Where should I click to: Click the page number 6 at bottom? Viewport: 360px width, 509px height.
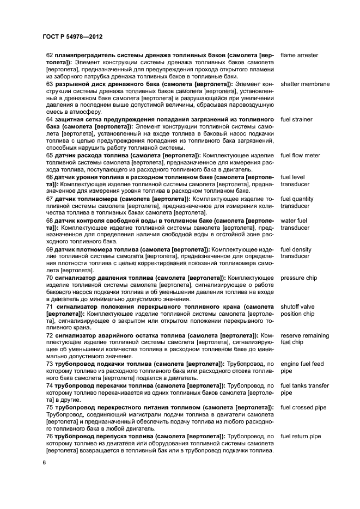tap(44, 462)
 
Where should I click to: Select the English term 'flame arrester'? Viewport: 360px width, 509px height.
tap(299, 56)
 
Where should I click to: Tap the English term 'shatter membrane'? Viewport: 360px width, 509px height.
tap(304, 84)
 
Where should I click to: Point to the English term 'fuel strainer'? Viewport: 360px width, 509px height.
tap(297, 119)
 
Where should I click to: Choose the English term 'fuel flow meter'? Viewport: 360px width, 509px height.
tap(300, 155)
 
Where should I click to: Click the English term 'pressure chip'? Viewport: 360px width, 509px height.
tap(298, 278)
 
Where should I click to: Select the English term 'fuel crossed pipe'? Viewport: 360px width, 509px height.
tap(303, 407)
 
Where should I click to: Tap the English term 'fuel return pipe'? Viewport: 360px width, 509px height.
tap(301, 436)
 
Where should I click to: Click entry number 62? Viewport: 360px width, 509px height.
tap(50, 56)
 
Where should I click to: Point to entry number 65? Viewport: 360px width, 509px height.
tap(50, 155)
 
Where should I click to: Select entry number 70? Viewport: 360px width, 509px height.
tap(50, 278)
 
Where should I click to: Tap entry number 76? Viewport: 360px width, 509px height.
tap(50, 436)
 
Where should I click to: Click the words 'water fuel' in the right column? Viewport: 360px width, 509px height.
tap(294, 220)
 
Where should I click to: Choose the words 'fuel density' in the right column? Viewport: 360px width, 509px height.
tap(296, 249)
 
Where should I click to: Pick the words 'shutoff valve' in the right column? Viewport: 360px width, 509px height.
tap(298, 306)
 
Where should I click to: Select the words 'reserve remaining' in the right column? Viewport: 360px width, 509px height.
tap(304, 335)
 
